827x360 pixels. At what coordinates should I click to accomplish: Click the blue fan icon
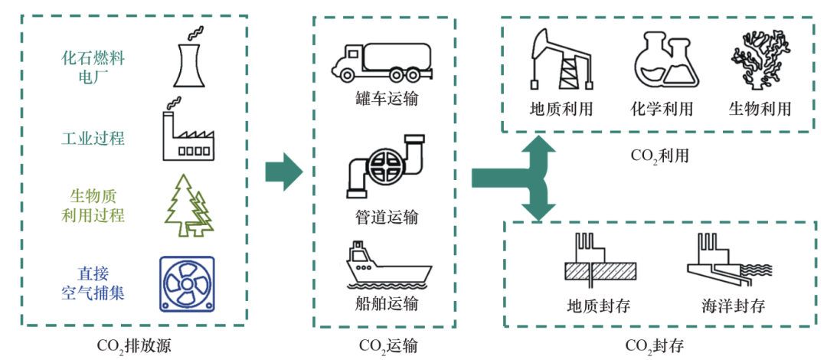coord(187,283)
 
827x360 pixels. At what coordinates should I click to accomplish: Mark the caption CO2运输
coord(387,345)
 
